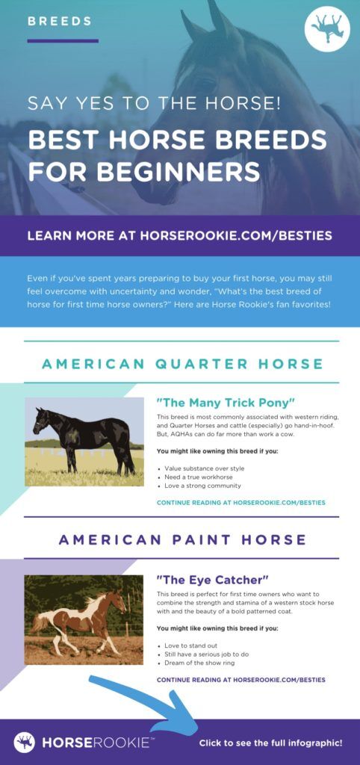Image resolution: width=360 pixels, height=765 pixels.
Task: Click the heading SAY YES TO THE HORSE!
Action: (x=154, y=102)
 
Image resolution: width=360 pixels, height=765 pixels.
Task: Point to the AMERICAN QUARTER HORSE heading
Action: (x=182, y=364)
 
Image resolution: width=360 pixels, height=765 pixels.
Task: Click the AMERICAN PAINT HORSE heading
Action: (x=182, y=539)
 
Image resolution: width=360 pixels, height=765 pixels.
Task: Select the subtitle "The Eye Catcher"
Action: (x=212, y=579)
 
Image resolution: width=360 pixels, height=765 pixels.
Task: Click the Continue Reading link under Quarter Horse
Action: (x=240, y=503)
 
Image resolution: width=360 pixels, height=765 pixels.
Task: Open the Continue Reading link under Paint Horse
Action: (x=240, y=680)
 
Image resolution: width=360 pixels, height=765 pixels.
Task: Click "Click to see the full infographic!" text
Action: (x=270, y=743)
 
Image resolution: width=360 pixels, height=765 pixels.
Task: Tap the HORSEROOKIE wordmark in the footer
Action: (x=96, y=743)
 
